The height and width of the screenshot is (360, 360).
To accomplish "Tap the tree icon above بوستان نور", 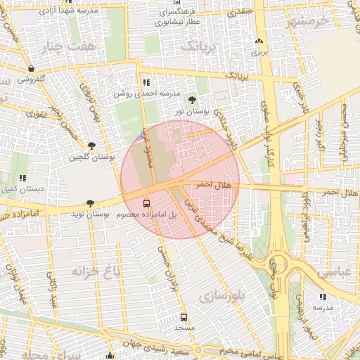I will click(x=192, y=101).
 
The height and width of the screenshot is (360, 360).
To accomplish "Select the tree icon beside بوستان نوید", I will click(x=90, y=202).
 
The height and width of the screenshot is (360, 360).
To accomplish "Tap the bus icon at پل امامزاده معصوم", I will click(x=146, y=201).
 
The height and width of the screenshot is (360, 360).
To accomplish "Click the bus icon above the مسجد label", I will click(x=184, y=317).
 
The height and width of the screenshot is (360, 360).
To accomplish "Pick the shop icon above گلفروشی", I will click(x=32, y=68).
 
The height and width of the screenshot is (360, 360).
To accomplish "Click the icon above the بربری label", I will click(x=259, y=41).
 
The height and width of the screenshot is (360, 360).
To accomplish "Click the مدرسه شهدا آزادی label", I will click(x=51, y=12).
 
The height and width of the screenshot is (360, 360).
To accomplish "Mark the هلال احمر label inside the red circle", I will click(x=213, y=184).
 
